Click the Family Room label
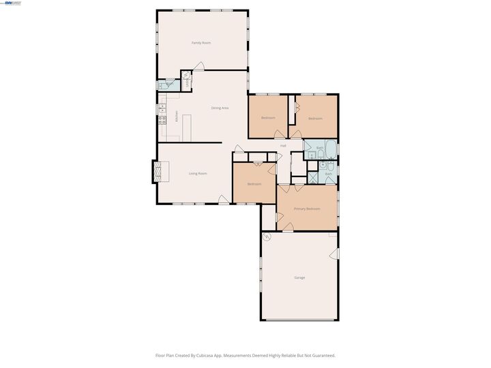[201, 43]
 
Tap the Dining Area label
[220, 108]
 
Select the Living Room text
[198, 174]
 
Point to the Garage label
[299, 278]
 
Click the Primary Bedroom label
[307, 209]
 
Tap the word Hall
[282, 146]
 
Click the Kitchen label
[177, 117]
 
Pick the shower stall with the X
[312, 176]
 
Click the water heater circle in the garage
[267, 236]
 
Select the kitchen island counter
[185, 125]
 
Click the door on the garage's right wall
[335, 254]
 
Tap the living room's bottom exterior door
[223, 199]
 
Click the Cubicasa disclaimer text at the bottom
[245, 355]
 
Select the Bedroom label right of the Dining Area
[268, 118]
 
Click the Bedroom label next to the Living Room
[254, 184]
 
